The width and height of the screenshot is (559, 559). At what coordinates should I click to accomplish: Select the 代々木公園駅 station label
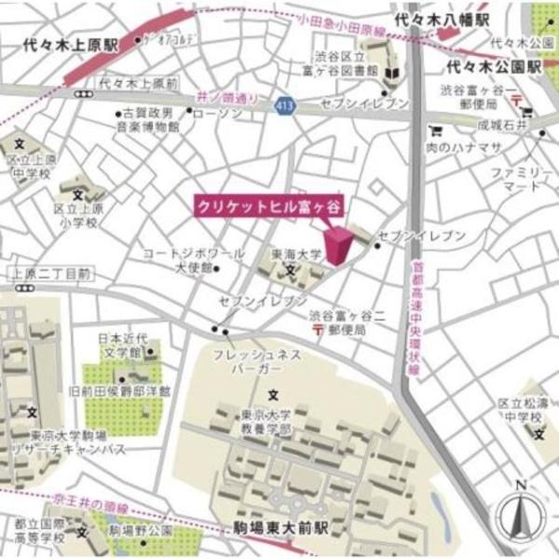[494, 68]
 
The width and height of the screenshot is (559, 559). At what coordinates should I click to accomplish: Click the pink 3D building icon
[337, 244]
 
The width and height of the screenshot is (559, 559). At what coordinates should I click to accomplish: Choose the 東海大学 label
[296, 253]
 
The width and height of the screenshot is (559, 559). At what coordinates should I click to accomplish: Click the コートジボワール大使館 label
[195, 260]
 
